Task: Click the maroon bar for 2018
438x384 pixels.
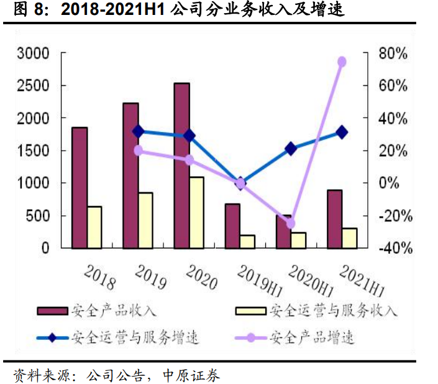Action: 80,187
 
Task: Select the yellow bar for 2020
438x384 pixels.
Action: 196,212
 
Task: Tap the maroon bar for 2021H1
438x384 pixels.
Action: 334,218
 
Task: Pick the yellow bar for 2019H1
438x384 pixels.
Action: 248,241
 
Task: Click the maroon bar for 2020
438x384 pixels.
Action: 181,166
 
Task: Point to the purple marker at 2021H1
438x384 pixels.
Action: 342,62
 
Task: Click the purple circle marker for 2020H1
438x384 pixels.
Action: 291,223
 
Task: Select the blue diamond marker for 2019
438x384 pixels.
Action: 138,131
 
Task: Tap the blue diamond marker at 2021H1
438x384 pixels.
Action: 342,132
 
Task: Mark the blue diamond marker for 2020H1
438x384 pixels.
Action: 291,148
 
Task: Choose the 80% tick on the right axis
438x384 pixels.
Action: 393,54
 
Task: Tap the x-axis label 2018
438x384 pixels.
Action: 99,276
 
